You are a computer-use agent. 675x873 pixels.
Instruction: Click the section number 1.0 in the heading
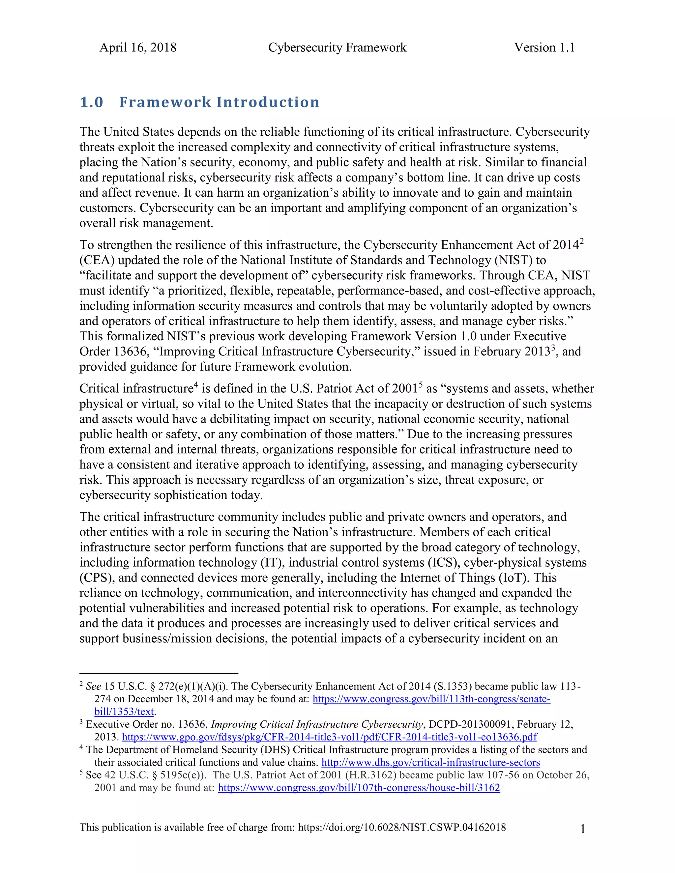tap(92, 102)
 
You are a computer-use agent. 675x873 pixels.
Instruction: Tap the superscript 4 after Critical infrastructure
tap(196, 384)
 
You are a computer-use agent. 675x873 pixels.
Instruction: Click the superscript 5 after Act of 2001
tap(420, 384)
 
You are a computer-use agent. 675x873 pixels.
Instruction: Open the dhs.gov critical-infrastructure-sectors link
tap(431, 762)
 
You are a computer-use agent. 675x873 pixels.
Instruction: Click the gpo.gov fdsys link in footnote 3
tap(329, 737)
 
